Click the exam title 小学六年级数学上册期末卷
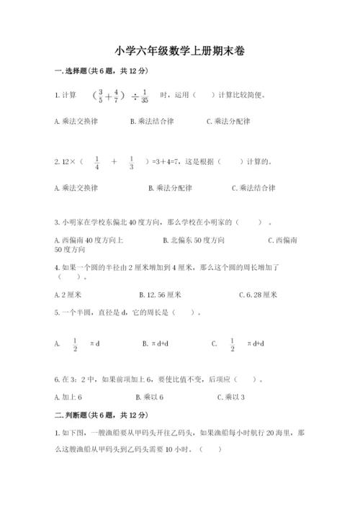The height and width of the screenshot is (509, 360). click(x=179, y=51)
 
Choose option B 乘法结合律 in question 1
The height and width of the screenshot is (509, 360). click(x=152, y=122)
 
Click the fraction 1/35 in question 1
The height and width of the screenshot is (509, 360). click(x=145, y=96)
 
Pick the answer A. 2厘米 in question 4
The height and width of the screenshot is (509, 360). click(x=68, y=294)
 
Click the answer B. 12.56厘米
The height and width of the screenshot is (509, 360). click(x=161, y=294)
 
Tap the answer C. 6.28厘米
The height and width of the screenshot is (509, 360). click(x=258, y=294)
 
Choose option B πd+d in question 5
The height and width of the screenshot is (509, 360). click(x=156, y=344)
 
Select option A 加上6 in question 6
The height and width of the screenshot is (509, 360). click(x=68, y=397)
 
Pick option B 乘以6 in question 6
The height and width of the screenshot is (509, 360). click(x=150, y=397)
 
